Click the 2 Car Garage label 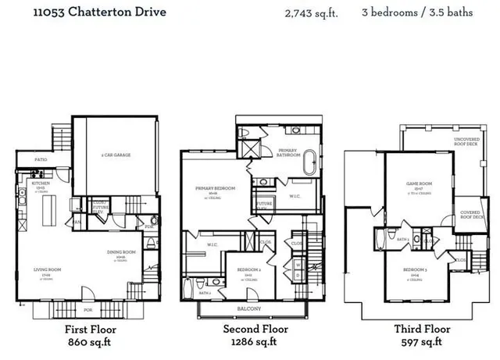point(116,155)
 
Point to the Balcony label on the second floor point(248,308)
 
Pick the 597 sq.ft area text point(421,342)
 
